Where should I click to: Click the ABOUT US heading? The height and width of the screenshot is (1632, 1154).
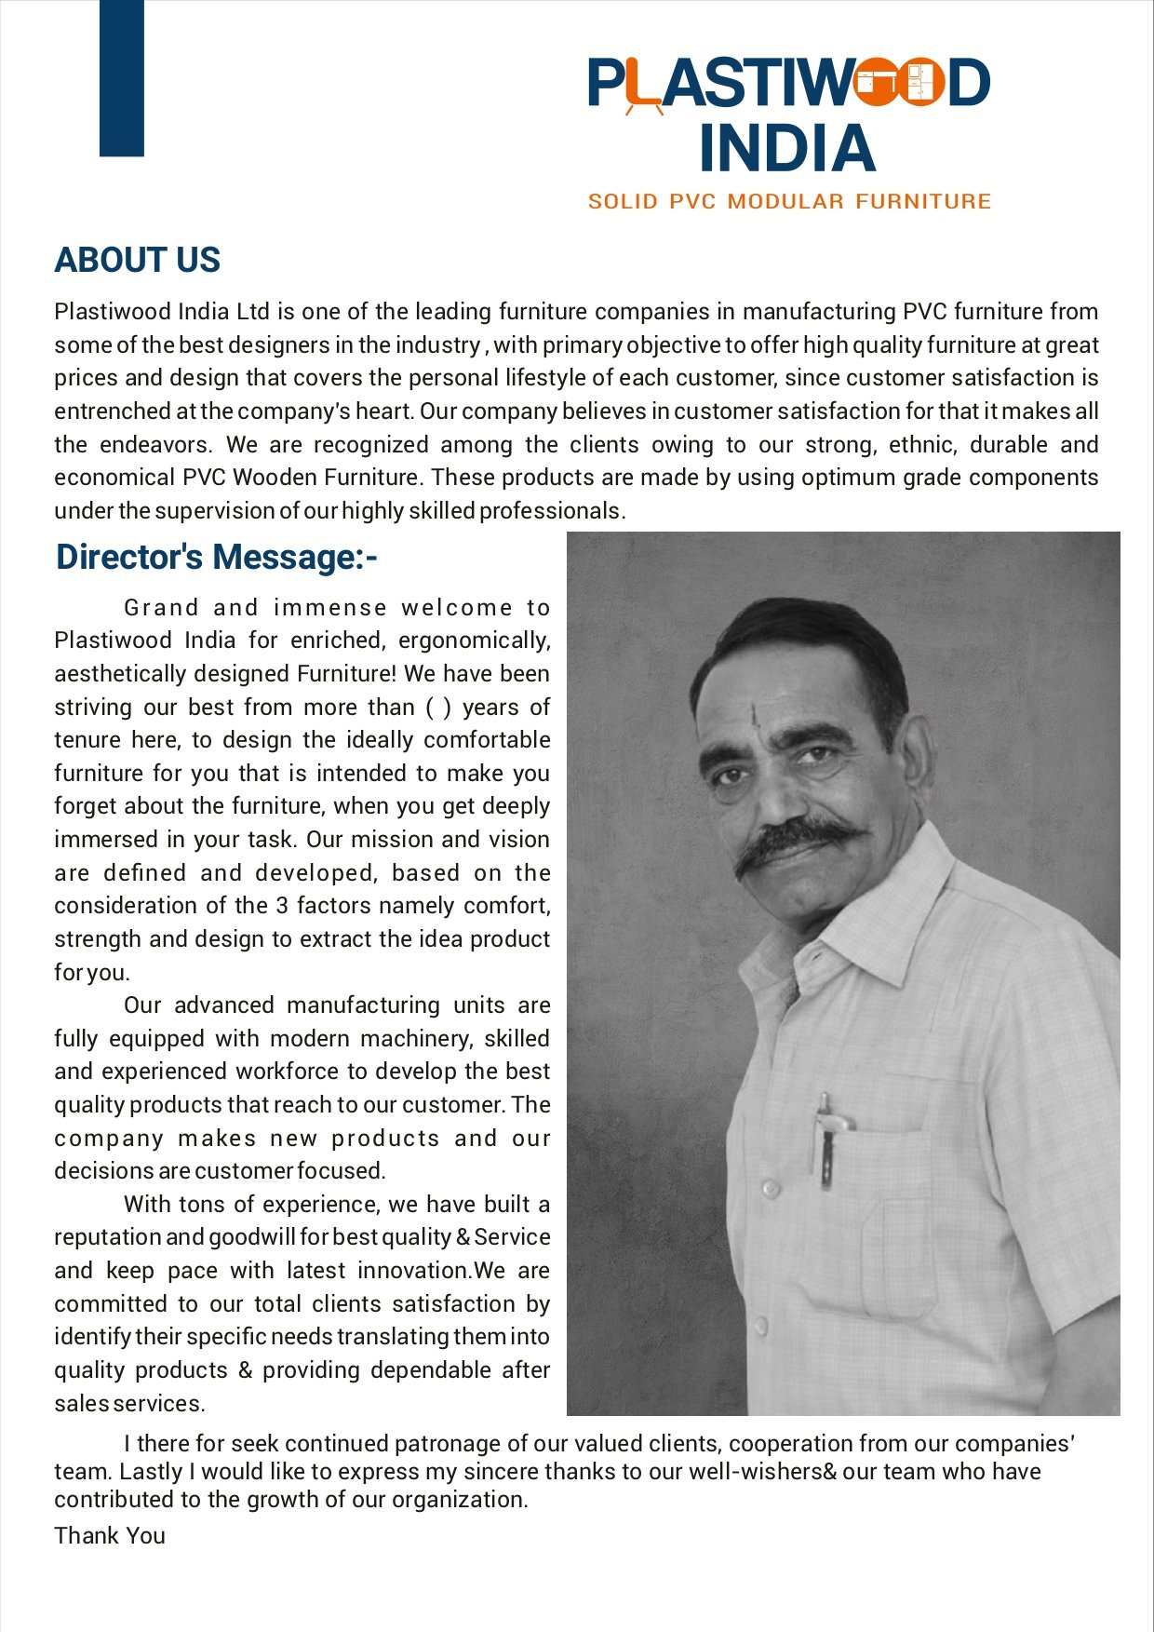[x=137, y=260]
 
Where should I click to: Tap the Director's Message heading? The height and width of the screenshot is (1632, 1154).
[x=216, y=557]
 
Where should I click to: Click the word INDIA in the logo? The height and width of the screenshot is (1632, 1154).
[x=787, y=149]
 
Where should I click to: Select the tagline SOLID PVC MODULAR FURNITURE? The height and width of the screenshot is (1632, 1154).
[x=789, y=202]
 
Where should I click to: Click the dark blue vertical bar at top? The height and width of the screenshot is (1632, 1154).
[x=122, y=77]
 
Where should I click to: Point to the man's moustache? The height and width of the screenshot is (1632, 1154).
[x=800, y=838]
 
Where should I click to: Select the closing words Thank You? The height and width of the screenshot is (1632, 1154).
[x=110, y=1535]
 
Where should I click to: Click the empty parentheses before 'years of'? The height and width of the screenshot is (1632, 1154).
[x=438, y=707]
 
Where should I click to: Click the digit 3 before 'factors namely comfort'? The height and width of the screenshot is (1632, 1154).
[x=282, y=905]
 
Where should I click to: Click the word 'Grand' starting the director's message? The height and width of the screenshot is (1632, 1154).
[x=161, y=608]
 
